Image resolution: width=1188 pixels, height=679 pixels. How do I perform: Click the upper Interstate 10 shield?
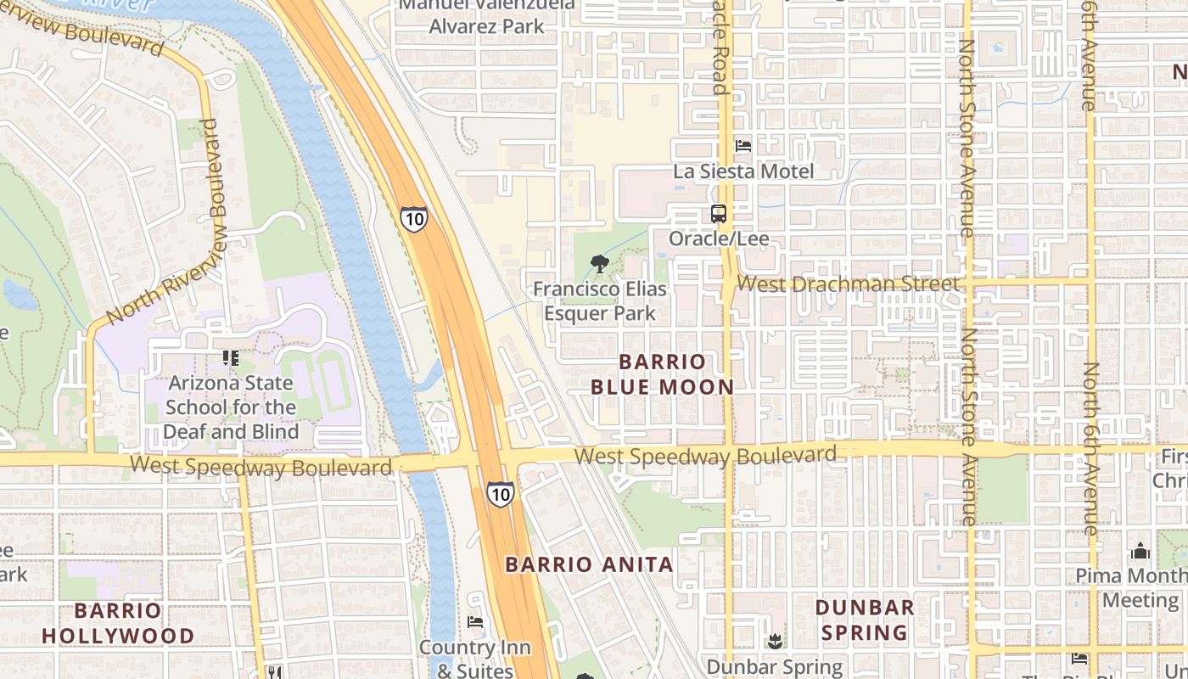coord(414,218)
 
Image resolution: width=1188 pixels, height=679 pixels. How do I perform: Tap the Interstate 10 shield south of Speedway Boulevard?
coord(500,493)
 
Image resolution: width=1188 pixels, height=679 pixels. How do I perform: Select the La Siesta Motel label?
coord(743,171)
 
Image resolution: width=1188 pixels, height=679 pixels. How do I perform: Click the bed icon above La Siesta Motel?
coord(743,146)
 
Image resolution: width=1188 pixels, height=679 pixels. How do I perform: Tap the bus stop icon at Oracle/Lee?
coord(719,214)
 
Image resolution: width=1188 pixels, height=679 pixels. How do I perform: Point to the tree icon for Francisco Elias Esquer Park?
coord(600,263)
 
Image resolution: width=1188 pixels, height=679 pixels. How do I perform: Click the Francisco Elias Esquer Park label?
coord(600,301)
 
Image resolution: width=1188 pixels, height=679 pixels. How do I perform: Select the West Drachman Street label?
coord(848,283)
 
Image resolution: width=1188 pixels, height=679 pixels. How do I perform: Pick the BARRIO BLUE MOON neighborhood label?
coord(662,374)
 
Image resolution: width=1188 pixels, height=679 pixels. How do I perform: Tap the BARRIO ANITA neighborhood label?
coord(589,564)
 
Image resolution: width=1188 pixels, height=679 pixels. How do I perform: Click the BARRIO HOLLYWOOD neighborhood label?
coord(118,623)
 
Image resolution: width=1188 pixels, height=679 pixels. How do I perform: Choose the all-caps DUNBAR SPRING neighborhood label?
coord(865,620)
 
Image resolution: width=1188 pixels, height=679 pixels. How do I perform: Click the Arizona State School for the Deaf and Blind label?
coord(231,407)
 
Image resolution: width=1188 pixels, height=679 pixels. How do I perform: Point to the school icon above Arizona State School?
coord(230,358)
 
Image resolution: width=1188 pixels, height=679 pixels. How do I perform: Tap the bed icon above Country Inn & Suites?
coord(475,622)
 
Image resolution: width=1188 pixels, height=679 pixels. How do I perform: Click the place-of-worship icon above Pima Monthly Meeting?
coord(1140,552)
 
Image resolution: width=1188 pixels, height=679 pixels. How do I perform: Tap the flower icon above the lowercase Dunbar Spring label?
coord(774,641)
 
